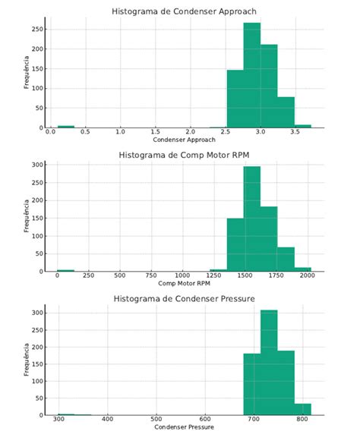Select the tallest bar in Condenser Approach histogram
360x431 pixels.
point(252,76)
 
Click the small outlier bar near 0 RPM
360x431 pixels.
point(66,270)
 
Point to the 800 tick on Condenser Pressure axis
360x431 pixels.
point(302,419)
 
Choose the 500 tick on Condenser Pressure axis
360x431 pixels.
point(156,419)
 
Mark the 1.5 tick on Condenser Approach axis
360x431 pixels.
point(156,132)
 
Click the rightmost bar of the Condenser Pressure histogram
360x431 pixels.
point(302,410)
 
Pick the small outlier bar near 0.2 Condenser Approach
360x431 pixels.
point(66,127)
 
